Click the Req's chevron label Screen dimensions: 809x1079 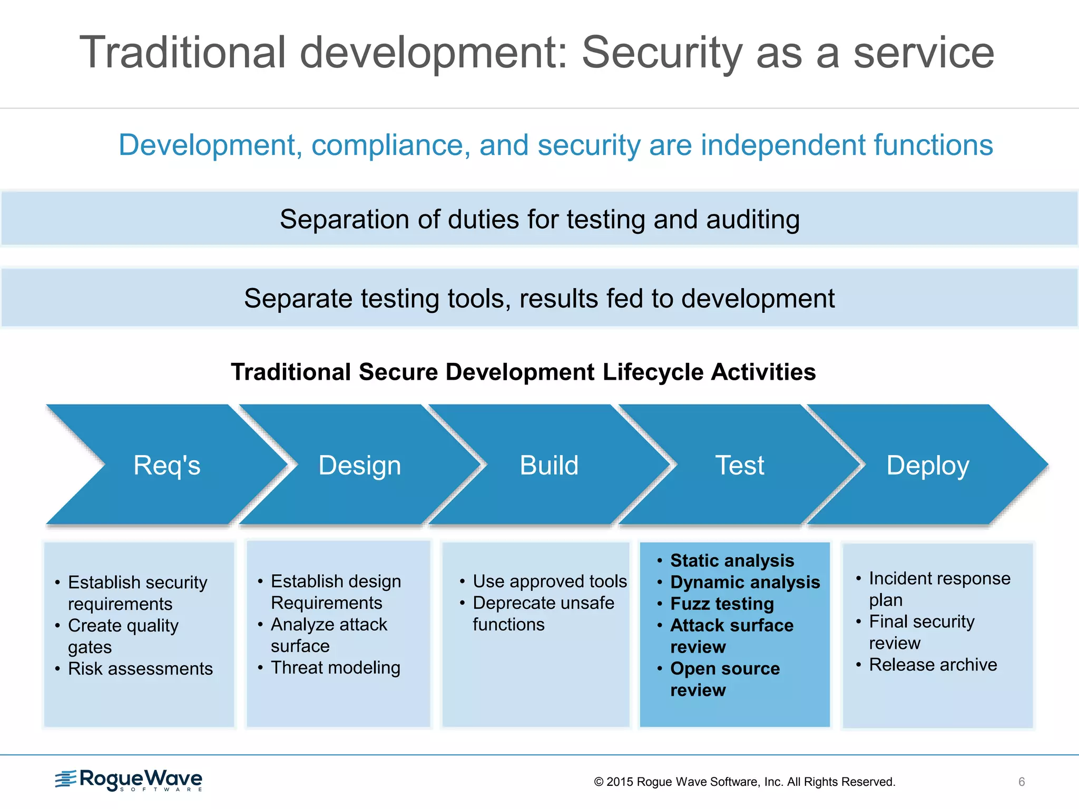[166, 466]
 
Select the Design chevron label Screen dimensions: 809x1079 [359, 466]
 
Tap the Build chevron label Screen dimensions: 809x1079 [549, 466]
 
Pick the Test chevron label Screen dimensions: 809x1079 [739, 466]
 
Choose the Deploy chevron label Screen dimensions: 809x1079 [927, 466]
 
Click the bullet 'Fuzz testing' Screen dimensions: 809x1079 [722, 604]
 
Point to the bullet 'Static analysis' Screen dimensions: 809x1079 [732, 560]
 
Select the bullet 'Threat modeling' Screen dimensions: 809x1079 [335, 667]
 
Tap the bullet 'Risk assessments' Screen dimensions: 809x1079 [140, 668]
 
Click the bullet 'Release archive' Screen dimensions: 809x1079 [933, 665]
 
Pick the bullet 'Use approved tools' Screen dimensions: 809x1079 [550, 581]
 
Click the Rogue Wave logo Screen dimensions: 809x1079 [129, 780]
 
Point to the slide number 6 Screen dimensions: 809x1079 [1022, 782]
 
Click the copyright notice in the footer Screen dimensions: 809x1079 [744, 782]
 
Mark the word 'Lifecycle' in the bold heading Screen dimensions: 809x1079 [653, 372]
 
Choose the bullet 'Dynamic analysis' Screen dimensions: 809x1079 [744, 582]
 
